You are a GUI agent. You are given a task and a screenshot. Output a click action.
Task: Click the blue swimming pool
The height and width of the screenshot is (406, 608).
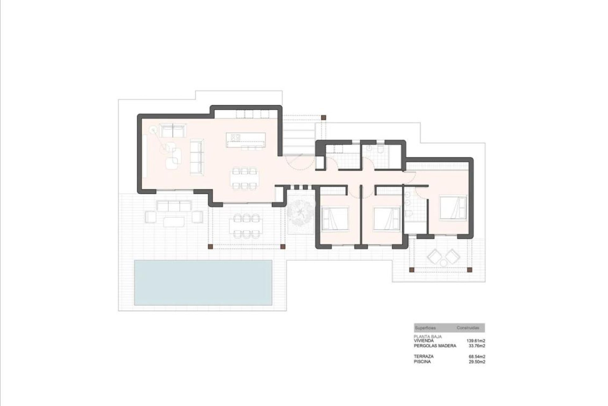[203, 282]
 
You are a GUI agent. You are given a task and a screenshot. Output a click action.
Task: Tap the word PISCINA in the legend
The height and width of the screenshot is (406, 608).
[422, 361]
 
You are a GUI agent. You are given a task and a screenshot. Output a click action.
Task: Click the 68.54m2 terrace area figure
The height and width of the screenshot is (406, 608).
[477, 357]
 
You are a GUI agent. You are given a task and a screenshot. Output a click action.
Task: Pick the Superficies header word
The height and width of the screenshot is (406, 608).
[425, 328]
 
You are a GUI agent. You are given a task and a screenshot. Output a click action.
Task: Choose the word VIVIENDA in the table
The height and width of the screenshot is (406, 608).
[424, 341]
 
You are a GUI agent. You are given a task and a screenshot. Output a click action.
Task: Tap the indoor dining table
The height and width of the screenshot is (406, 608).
[244, 179]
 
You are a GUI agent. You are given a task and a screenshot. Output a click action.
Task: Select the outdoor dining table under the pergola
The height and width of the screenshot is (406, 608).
[244, 226]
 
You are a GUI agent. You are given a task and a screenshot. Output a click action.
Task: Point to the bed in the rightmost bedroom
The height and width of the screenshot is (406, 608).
[453, 207]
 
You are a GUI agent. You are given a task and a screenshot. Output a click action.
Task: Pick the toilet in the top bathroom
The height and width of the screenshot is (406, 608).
[381, 150]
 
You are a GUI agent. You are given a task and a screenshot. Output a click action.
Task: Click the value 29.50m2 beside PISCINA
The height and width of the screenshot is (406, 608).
[477, 362]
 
